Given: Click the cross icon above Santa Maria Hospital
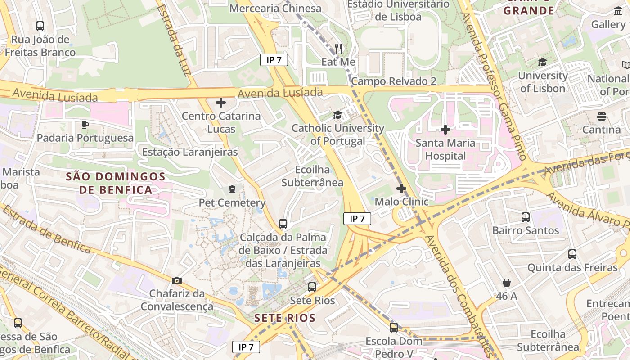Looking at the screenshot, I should click(445, 130).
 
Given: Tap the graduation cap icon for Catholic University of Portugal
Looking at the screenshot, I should click(337, 115).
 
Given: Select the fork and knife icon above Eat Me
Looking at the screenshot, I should click(338, 48).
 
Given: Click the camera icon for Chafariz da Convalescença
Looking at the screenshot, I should click(177, 280).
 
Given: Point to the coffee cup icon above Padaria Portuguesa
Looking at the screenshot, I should click(85, 125).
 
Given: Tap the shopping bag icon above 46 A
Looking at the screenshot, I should click(507, 283).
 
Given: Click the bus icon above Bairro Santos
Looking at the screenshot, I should click(525, 217).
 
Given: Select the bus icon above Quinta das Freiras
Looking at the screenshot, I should click(572, 254).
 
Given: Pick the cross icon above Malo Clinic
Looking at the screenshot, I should click(401, 189).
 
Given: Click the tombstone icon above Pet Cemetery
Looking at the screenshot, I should click(232, 189).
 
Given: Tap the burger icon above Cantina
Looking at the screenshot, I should click(602, 117).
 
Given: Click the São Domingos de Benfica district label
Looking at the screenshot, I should click(116, 183).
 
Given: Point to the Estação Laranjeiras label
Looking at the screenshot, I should click(190, 152).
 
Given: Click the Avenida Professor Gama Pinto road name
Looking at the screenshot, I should click(495, 85).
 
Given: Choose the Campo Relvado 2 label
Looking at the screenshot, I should click(394, 81).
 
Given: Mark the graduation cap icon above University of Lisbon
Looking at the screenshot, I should click(542, 63).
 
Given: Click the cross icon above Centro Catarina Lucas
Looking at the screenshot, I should click(221, 103).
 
